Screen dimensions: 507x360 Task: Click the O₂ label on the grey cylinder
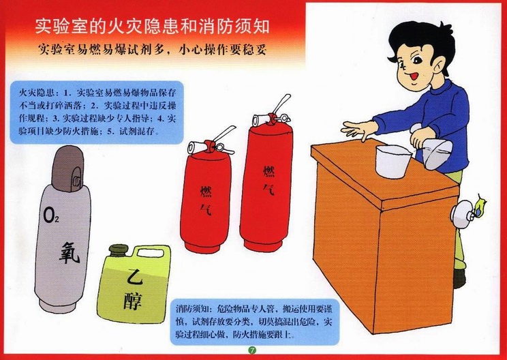(x=51, y=216)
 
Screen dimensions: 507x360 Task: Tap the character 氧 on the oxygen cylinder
(x=70, y=252)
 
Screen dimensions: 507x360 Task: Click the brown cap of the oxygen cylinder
(x=68, y=168)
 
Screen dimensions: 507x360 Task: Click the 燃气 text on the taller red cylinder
(x=268, y=181)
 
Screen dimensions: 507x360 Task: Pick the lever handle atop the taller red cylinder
(x=281, y=103)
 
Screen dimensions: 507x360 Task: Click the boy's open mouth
(x=414, y=77)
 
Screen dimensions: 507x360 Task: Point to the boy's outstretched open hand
(x=359, y=130)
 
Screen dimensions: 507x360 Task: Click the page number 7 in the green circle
(x=252, y=350)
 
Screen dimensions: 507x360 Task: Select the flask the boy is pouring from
(x=433, y=149)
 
